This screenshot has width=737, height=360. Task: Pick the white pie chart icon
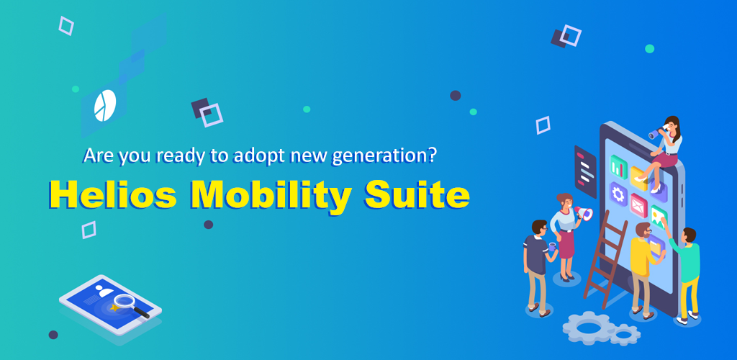point(105,105)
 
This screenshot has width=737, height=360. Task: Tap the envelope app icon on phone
point(639,205)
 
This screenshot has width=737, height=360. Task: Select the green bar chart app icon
point(618,168)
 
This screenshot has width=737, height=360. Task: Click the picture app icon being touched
point(659,217)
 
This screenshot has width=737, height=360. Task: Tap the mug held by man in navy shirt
point(552,246)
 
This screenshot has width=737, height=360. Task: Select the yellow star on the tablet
point(113,307)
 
